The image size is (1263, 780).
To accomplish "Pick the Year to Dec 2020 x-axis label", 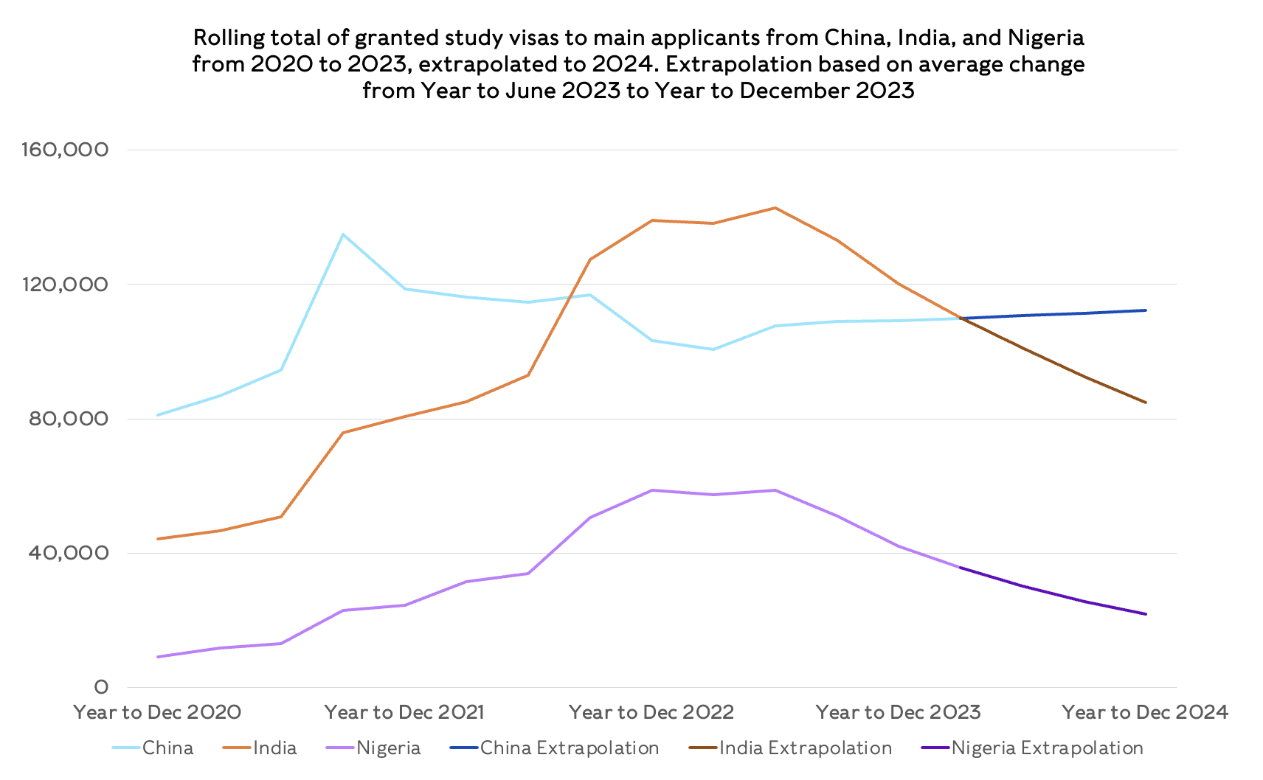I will click(157, 712).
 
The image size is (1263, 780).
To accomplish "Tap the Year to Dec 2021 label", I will click(404, 712).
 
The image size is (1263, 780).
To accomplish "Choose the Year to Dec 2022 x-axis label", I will click(651, 712).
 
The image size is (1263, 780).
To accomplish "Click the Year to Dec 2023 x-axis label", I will click(898, 712).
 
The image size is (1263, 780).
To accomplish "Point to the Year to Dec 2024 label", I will click(1145, 712).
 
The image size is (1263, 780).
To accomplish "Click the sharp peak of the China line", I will click(342, 234).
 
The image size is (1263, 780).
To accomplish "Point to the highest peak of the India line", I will click(775, 208).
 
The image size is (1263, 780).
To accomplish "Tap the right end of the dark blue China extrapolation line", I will click(1146, 310).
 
